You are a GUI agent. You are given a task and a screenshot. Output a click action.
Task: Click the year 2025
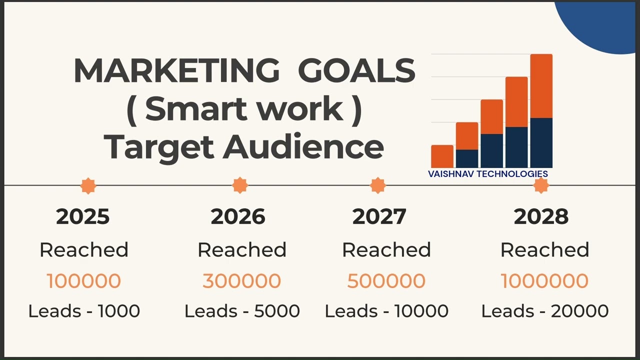click(x=83, y=216)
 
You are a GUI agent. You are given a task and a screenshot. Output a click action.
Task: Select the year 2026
click(x=238, y=216)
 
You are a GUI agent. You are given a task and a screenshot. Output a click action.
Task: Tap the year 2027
click(x=379, y=216)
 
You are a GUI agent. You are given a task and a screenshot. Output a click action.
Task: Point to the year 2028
click(x=541, y=216)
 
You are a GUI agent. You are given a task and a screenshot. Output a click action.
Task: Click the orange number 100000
click(x=83, y=281)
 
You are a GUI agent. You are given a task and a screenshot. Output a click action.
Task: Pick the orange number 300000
click(x=241, y=281)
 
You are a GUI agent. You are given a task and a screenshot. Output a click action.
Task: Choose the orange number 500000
click(x=386, y=281)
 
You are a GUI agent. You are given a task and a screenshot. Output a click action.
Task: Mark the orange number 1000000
click(x=544, y=281)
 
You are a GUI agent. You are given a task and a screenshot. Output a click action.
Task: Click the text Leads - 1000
click(x=84, y=311)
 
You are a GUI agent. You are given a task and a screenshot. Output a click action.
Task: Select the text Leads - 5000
click(x=242, y=311)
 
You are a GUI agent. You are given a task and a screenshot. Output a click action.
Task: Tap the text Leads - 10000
click(x=386, y=311)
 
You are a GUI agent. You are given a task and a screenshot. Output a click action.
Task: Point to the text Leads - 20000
click(x=545, y=311)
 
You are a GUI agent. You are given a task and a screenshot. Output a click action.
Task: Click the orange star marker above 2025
click(x=88, y=185)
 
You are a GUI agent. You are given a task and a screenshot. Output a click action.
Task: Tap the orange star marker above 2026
click(x=240, y=185)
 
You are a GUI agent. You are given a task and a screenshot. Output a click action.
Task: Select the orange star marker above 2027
click(x=377, y=185)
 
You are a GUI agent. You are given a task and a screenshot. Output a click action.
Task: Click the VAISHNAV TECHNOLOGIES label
click(x=488, y=174)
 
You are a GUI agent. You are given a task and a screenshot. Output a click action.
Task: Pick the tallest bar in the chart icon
click(x=541, y=110)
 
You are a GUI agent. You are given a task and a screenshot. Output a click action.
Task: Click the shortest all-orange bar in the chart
click(x=442, y=156)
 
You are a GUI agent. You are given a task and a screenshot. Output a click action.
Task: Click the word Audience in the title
click(x=303, y=147)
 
